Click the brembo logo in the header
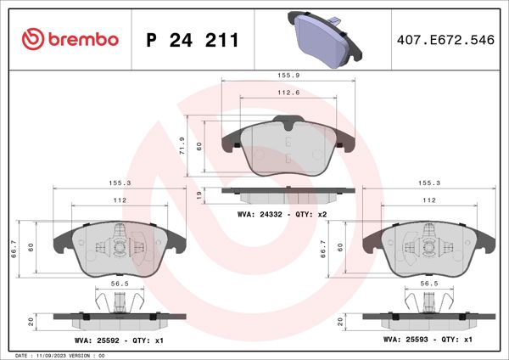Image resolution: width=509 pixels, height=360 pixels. [x=70, y=39]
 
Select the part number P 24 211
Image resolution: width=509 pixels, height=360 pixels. [x=193, y=40]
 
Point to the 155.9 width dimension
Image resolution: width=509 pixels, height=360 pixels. [x=288, y=75]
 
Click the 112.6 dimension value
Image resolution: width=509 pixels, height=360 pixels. [x=288, y=93]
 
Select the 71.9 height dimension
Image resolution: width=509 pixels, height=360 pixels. [x=182, y=145]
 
